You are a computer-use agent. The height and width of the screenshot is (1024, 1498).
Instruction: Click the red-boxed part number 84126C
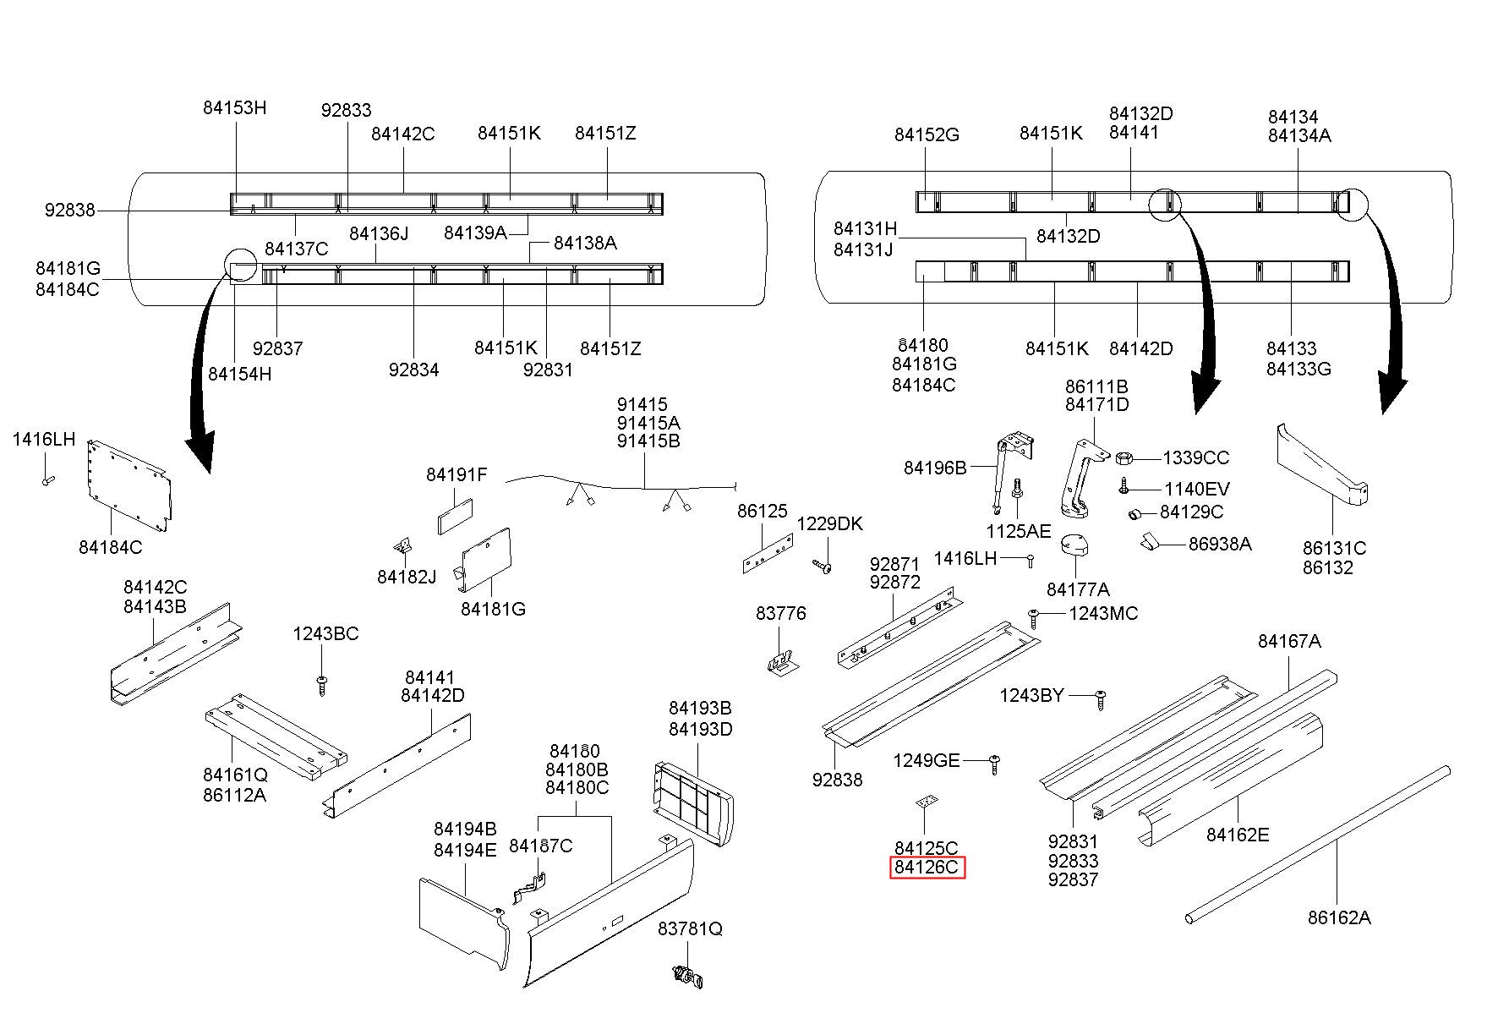tap(927, 868)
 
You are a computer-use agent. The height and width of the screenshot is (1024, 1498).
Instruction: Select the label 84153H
tap(234, 107)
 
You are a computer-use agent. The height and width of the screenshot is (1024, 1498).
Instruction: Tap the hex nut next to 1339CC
tap(1124, 458)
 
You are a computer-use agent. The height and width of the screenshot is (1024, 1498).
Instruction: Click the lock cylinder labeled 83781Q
tap(688, 976)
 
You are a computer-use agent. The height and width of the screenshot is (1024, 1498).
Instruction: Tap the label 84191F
tap(457, 475)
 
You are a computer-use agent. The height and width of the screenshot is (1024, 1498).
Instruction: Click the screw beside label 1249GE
tap(994, 764)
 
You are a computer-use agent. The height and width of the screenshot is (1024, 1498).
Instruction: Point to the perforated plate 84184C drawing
tap(128, 486)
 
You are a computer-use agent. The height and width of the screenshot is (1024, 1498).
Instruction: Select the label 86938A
tap(1219, 544)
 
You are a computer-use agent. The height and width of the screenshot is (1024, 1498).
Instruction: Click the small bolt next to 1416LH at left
tap(46, 480)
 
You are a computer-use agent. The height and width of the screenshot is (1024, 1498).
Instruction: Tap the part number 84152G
tap(927, 134)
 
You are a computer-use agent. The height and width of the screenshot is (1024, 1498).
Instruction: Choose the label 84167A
tap(1288, 641)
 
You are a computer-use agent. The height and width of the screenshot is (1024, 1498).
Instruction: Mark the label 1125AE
tap(1018, 530)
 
